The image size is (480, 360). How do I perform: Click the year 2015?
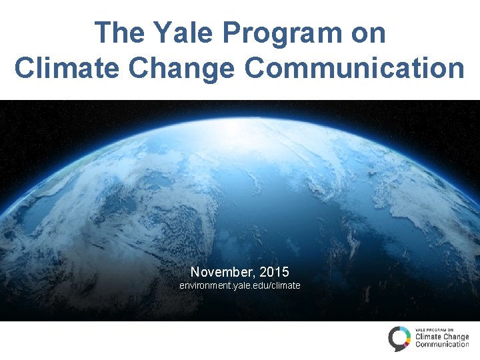[274, 272]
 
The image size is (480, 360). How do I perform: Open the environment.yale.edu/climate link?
[240, 285]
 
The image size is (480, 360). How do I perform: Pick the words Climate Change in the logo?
[442, 337]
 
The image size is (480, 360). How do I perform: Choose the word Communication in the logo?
[442, 345]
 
